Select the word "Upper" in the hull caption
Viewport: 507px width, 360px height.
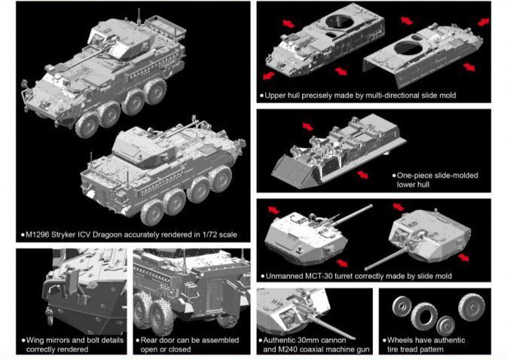tap(276, 96)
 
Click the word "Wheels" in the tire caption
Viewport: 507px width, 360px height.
tap(401, 340)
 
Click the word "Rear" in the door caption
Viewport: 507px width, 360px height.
tap(150, 340)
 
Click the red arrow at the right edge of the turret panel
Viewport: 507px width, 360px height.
tap(465, 256)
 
